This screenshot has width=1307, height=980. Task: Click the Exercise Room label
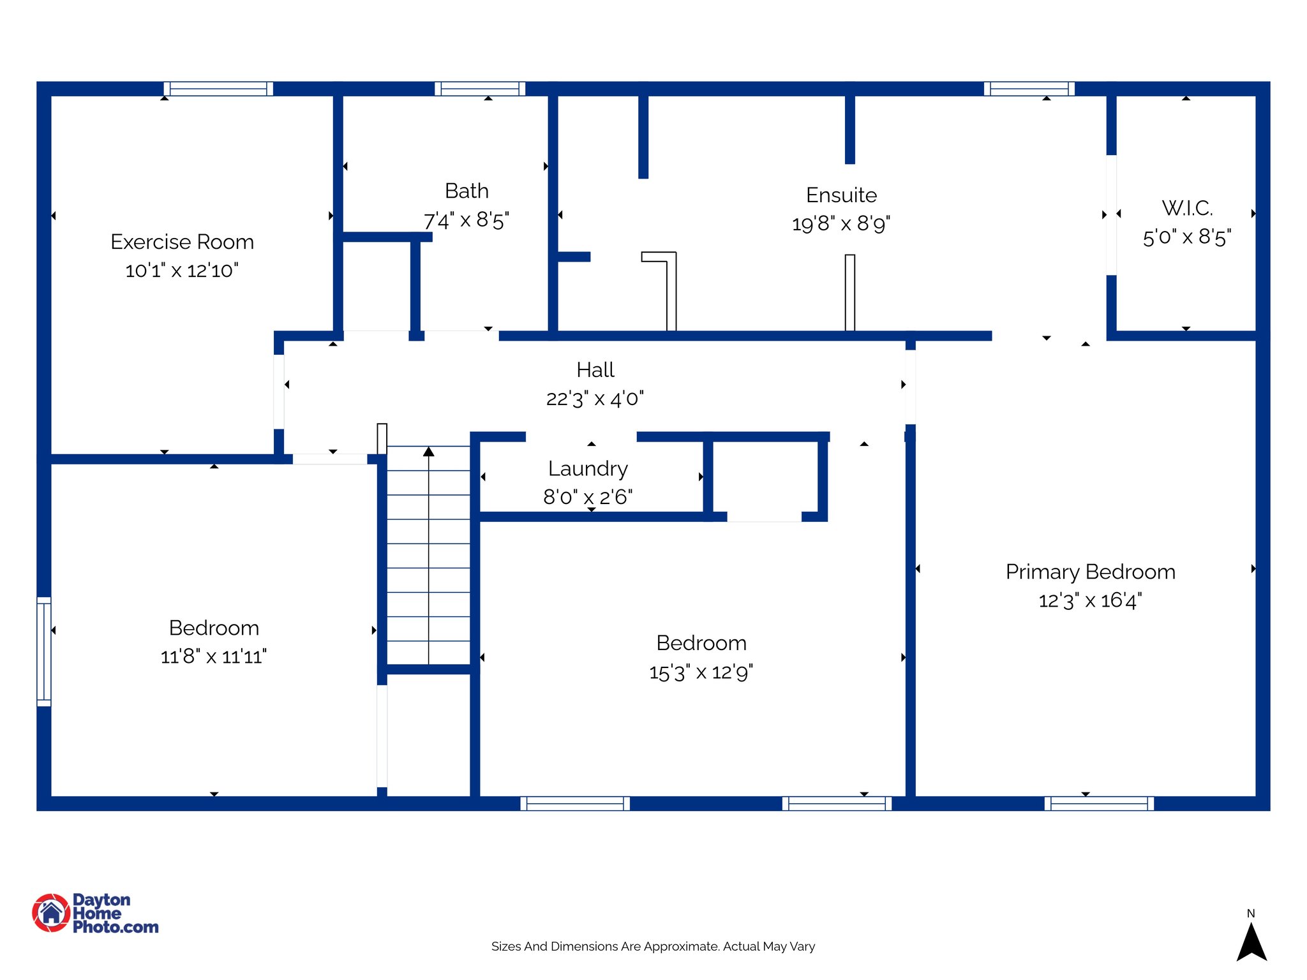[x=182, y=242]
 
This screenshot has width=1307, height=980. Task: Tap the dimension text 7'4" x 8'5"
[x=467, y=221]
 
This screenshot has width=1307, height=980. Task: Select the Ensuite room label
[x=841, y=195]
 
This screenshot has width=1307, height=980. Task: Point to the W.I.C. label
[x=1187, y=208]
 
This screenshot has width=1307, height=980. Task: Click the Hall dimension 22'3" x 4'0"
[x=595, y=399]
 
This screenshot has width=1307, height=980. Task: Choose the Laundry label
[x=588, y=468]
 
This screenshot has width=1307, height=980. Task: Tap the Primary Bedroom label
[x=1090, y=572]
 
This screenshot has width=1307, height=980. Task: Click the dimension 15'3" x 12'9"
[x=701, y=672]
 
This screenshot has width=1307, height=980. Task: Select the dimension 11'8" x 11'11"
[x=213, y=657]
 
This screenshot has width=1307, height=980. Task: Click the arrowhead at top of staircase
[x=429, y=452]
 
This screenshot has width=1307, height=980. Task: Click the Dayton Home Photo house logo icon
[x=51, y=912]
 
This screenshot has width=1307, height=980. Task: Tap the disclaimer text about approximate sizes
[x=653, y=946]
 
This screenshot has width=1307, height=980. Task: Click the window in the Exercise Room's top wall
[x=218, y=89]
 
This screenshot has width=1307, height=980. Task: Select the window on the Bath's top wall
[x=480, y=89]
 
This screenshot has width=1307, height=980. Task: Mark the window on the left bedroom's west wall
[x=43, y=651]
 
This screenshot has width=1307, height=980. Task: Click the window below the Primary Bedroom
[x=1099, y=803]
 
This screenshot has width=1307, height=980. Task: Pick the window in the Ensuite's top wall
[x=1029, y=89]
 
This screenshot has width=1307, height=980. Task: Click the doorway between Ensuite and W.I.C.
[x=1111, y=215]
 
